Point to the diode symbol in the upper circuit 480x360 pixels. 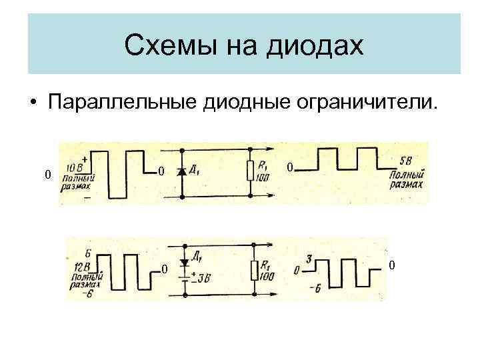click(182, 172)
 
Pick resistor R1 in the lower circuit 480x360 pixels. click(254, 270)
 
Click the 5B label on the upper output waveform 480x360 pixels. click(405, 162)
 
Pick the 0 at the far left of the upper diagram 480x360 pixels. click(46, 175)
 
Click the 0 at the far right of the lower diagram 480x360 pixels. click(392, 266)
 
